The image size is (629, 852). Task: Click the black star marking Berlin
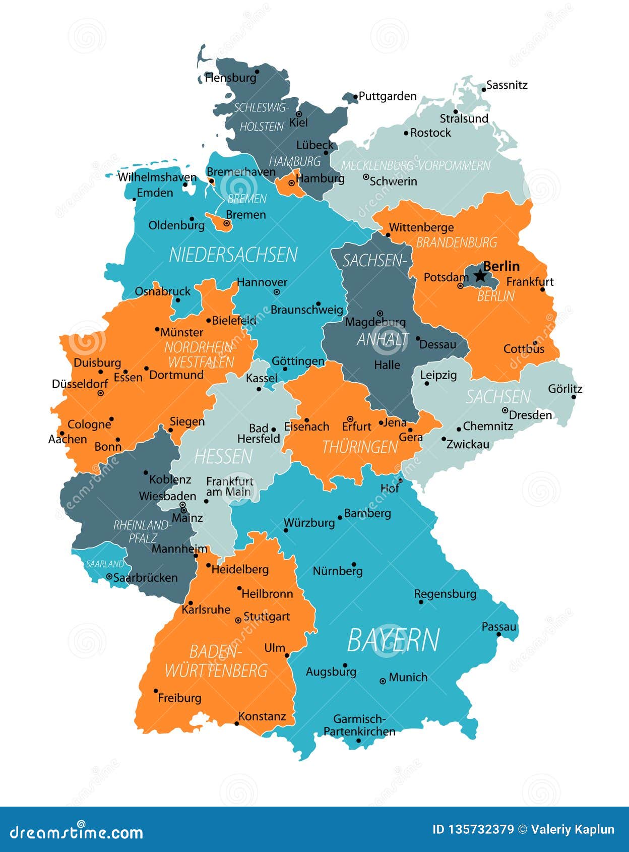click(480, 275)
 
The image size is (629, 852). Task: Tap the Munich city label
click(408, 677)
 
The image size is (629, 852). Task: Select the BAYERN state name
click(393, 640)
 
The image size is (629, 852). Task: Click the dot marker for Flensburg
click(257, 72)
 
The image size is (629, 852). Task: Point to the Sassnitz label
click(507, 85)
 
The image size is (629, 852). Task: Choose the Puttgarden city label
click(388, 96)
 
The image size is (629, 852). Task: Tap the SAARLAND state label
click(105, 564)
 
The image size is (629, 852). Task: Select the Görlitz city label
click(565, 389)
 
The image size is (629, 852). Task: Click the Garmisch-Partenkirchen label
click(359, 725)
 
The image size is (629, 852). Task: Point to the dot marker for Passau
click(498, 634)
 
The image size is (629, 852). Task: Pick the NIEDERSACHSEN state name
click(233, 255)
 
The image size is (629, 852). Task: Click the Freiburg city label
click(179, 698)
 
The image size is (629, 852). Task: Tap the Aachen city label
click(68, 439)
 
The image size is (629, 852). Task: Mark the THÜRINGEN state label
click(360, 447)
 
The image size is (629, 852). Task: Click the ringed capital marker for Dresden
click(505, 410)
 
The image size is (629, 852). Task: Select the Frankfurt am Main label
click(229, 486)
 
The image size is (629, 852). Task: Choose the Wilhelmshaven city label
click(157, 177)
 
